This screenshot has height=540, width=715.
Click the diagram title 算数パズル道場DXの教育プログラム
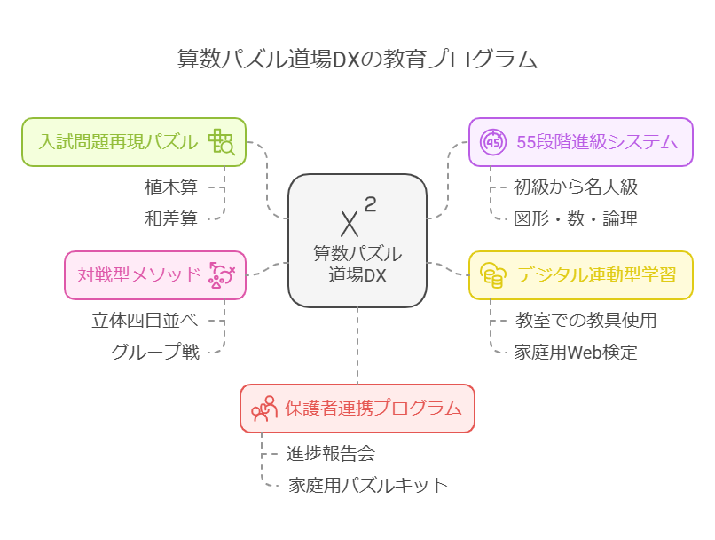point(357,60)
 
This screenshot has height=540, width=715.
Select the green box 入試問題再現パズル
point(119,141)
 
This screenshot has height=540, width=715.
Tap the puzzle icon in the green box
point(221,142)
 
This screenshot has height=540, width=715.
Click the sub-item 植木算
point(171,187)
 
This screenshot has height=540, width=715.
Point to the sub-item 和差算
point(171,218)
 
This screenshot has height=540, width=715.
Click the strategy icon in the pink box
point(221,275)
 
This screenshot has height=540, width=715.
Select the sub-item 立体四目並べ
point(145,320)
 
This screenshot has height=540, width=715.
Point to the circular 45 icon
point(492,142)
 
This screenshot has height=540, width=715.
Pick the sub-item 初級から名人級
point(576,187)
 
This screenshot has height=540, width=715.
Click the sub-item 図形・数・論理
point(576,218)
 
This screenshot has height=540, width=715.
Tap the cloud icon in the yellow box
point(492,275)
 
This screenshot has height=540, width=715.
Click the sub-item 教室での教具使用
point(585,320)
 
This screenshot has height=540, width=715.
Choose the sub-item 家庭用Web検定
point(576,352)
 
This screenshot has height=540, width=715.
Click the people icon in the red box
point(264,409)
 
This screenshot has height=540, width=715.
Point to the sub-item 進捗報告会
point(331,453)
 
